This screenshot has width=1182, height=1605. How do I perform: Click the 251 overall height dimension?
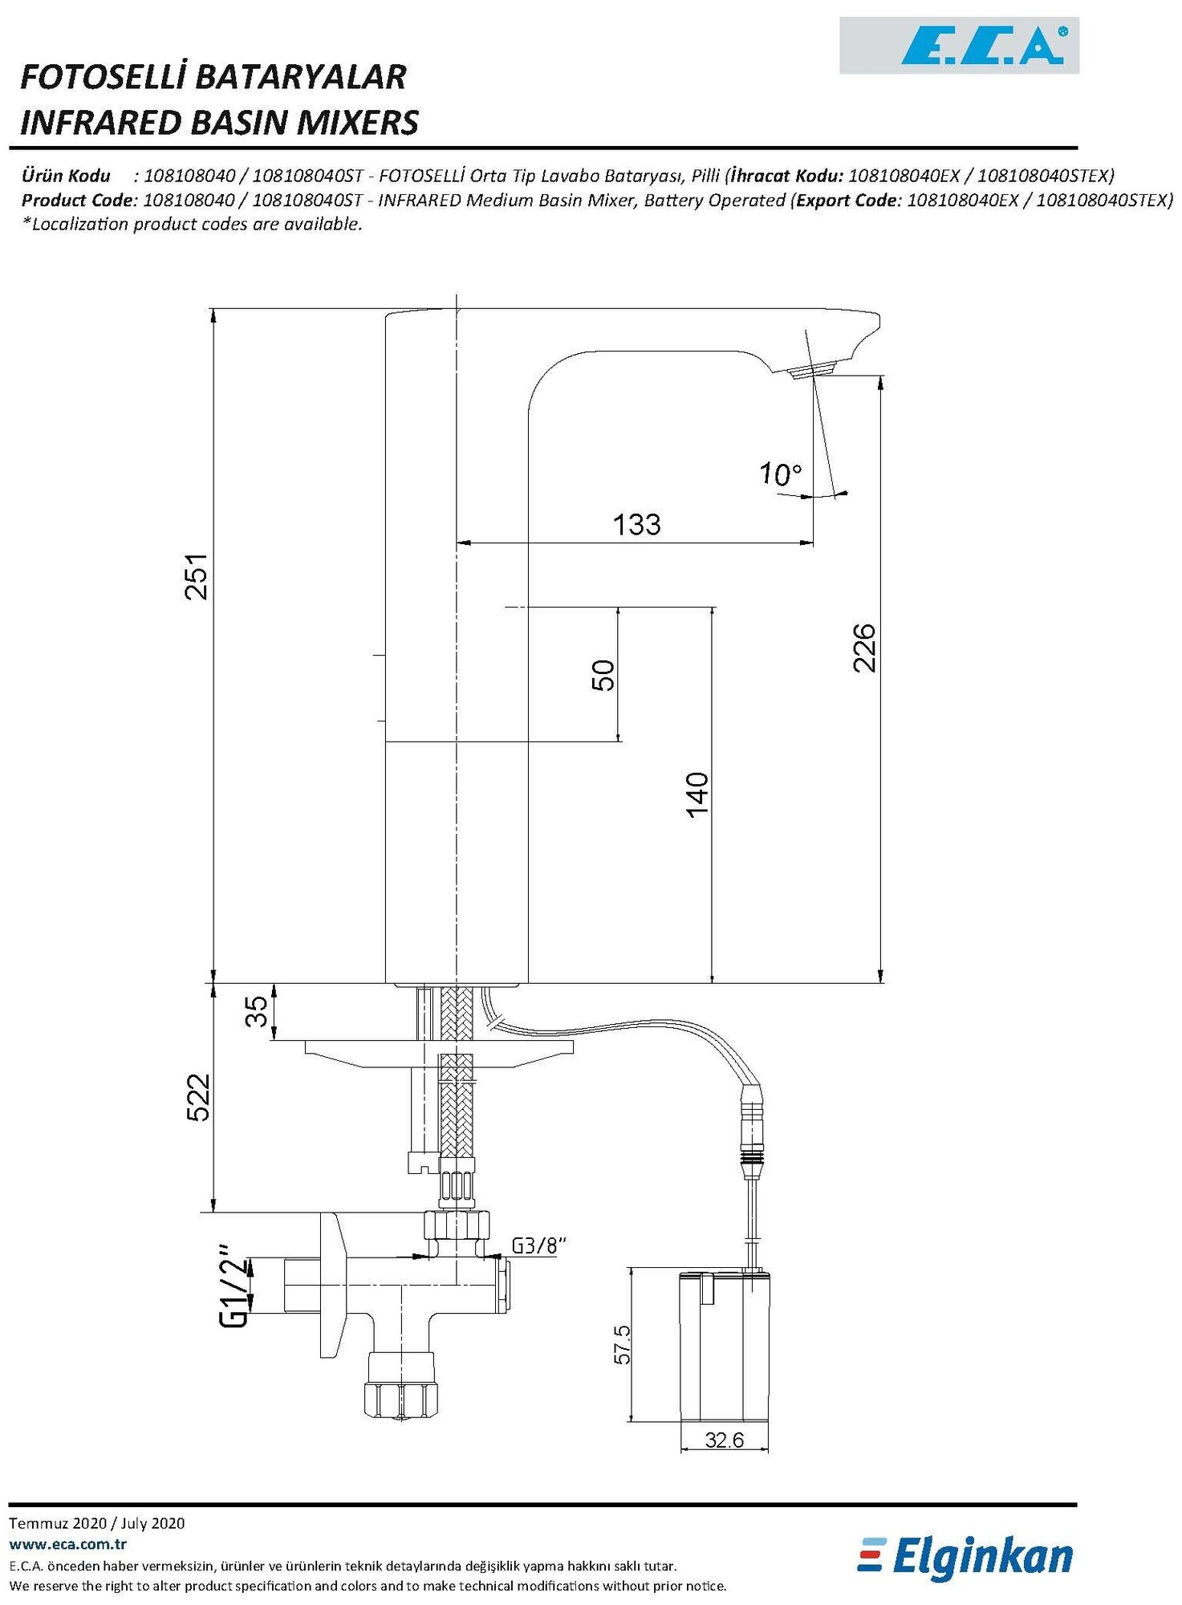[x=197, y=576]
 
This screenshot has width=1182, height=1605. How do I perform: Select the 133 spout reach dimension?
[x=636, y=525]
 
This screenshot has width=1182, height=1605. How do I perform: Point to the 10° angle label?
[x=780, y=474]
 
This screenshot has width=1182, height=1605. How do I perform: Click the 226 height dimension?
[x=865, y=648]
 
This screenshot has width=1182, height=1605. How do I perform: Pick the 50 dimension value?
[x=603, y=675]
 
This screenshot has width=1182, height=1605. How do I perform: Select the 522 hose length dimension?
[x=198, y=1097]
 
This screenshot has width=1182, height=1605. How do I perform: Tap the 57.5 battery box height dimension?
[x=622, y=1343]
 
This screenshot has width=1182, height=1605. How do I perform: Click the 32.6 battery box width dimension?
[x=724, y=1440]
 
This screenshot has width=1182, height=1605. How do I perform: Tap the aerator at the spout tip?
[x=812, y=371]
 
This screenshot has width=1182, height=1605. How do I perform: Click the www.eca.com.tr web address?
[x=67, y=1544]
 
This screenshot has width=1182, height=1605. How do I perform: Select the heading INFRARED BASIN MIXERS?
[x=219, y=123]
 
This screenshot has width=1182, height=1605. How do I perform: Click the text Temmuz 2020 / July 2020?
[x=96, y=1523]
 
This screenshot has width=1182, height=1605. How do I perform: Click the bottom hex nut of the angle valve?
[x=402, y=1399]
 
